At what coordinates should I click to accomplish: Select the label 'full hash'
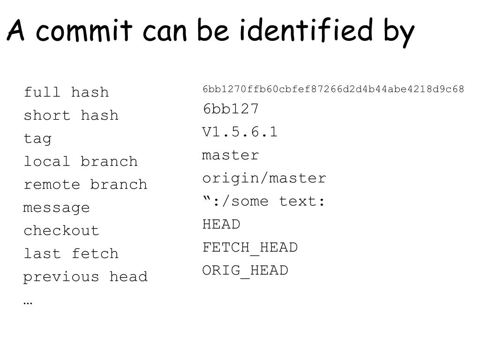(66, 92)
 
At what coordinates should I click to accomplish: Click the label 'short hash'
(71, 115)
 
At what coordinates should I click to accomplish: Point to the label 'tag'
(37, 139)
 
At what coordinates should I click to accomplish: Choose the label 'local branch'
(81, 161)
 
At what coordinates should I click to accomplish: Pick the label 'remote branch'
(85, 184)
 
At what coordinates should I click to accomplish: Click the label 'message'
(56, 208)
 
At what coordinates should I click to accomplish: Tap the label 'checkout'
(61, 231)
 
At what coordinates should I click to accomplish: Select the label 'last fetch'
(71, 254)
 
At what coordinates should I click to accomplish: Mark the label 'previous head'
(85, 277)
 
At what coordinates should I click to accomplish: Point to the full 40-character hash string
(333, 89)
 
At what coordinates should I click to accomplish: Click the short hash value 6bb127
(231, 109)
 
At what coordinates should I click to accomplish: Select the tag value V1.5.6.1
(240, 132)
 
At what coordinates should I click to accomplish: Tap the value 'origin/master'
(264, 178)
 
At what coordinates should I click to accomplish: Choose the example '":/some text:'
(264, 202)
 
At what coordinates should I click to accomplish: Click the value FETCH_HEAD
(250, 247)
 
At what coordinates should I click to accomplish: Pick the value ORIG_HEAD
(245, 270)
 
